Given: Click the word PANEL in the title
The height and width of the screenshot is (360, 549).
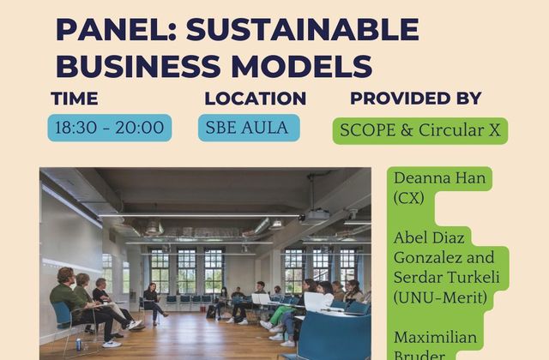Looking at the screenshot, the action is [117, 29].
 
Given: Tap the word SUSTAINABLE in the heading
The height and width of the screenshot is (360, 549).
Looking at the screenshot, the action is [303, 29].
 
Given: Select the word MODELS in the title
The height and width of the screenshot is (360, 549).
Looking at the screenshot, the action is [302, 66].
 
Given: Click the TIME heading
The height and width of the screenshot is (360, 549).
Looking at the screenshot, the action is [75, 99].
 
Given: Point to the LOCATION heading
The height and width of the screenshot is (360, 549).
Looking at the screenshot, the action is [256, 99].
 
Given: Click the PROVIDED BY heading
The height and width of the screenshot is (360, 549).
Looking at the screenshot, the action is [416, 98].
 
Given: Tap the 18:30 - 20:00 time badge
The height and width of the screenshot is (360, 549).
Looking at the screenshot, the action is [110, 128].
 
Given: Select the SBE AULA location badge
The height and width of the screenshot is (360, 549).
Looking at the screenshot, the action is [249, 128].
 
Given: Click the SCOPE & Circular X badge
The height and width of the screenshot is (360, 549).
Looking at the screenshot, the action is [419, 130].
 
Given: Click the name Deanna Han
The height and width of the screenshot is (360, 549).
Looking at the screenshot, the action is [439, 178].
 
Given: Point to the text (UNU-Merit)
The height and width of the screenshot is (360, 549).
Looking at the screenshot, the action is [440, 297].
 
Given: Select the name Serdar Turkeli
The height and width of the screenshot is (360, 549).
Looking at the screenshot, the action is [446, 278].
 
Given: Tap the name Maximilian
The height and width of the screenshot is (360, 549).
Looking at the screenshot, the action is [435, 338].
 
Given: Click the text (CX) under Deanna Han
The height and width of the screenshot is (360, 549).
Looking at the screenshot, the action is [408, 198].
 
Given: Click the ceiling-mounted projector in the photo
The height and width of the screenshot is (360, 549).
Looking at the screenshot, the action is [315, 215].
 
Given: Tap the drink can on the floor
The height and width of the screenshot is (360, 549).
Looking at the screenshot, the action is [79, 345].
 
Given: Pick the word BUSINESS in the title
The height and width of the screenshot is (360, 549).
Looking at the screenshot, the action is [138, 66].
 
